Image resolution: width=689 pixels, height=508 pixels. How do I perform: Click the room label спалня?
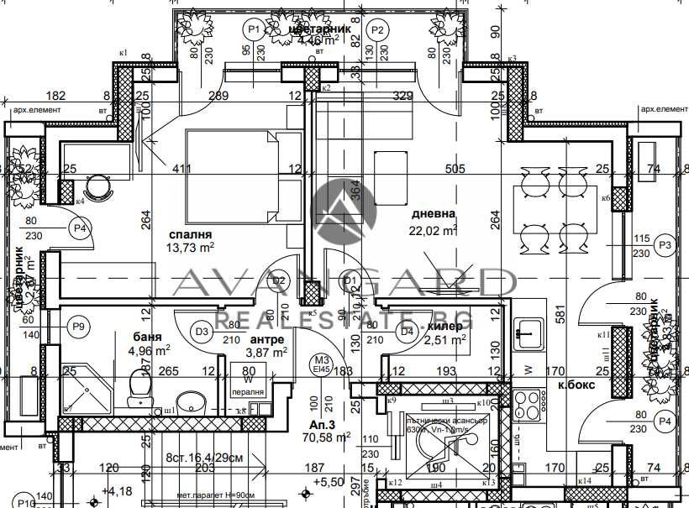tap(189, 235)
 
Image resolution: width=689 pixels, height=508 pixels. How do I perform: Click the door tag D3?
tap(202, 332)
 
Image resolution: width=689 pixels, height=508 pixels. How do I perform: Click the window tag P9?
tap(80, 325)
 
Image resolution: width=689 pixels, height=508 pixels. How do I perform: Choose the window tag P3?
tap(666, 245)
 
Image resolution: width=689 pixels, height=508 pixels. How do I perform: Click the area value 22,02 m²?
tap(433, 230)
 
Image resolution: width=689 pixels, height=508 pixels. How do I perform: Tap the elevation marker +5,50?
tap(326, 483)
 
